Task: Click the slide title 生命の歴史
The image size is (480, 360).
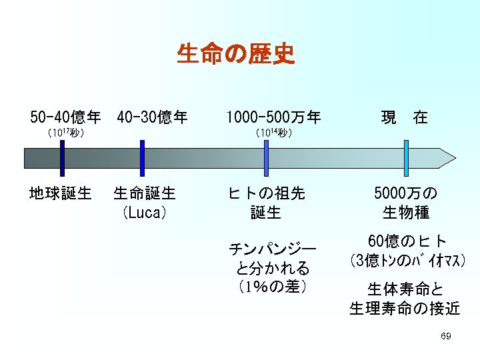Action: pos(235,54)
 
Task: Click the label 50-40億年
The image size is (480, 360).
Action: pos(65,119)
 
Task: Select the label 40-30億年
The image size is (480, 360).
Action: pos(152,119)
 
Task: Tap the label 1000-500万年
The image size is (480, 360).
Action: pos(273,119)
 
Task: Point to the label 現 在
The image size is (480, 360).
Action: pos(404,119)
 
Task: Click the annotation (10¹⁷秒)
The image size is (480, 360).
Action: pos(65,133)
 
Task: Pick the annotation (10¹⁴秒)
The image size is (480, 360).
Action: pos(273,133)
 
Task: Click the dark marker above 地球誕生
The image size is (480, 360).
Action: pos(62,159)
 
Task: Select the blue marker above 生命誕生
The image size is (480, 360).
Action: pos(142,159)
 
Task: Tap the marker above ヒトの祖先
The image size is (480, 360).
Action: pos(266,159)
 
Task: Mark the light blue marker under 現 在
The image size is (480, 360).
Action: pos(406,159)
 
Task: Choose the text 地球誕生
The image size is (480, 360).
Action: pos(61,193)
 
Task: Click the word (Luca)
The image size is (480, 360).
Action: pos(144,213)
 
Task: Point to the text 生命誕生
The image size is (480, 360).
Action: pos(145,193)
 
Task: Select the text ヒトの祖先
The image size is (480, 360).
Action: pos(266,193)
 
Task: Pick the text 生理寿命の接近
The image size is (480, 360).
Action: pos(405,308)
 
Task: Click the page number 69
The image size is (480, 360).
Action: pos(446,337)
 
